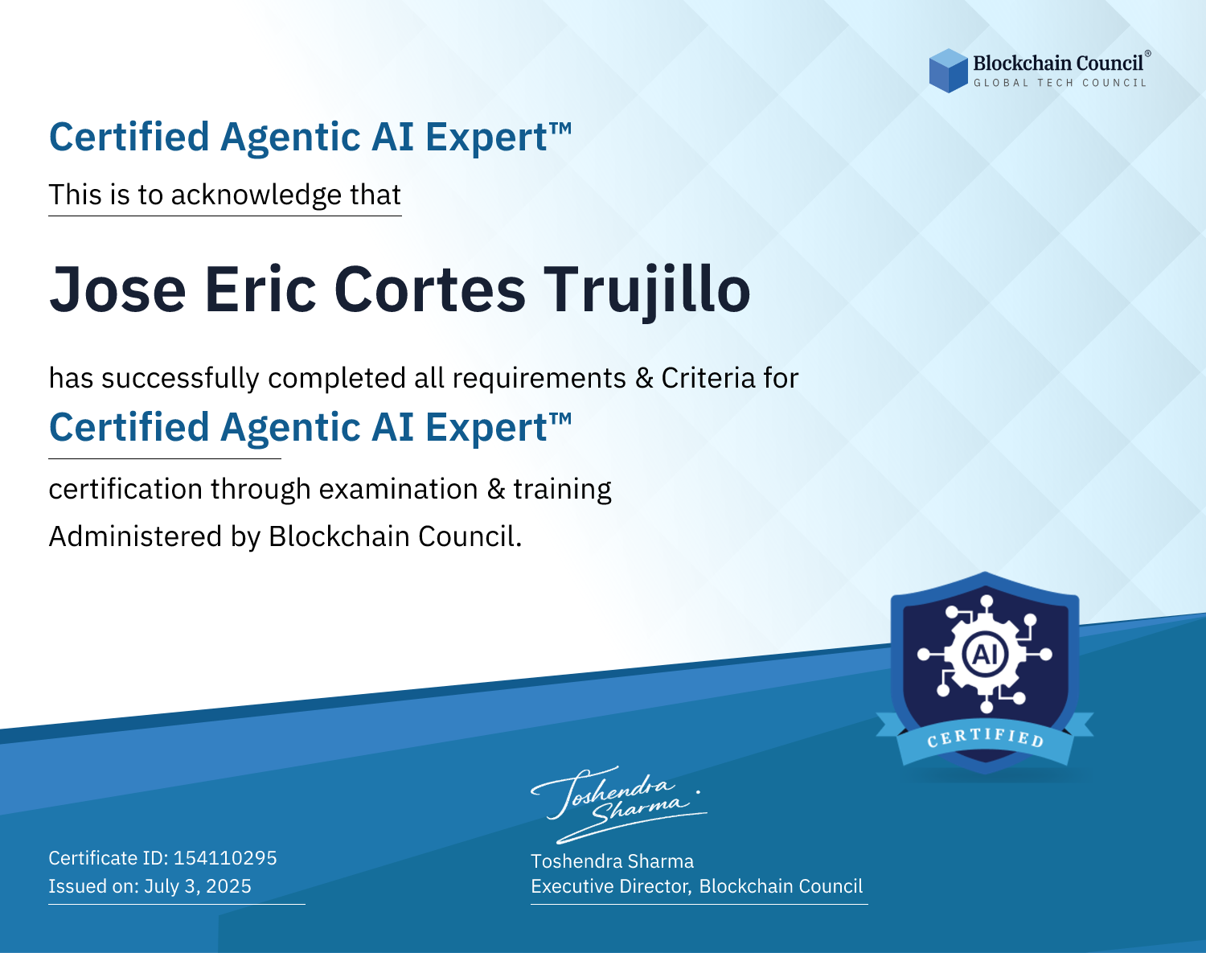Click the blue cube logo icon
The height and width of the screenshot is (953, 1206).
point(948,71)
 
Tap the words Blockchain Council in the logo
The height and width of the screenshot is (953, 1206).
point(1058,64)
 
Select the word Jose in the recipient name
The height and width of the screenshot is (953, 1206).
point(117,290)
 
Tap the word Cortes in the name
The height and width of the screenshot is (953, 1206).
point(430,290)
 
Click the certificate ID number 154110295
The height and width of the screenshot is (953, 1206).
point(225,858)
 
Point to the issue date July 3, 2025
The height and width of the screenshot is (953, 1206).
point(198,886)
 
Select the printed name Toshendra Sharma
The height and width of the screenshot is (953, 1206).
point(613,861)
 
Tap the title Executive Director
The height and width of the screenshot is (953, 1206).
point(609,886)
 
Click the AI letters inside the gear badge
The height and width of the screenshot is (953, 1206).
point(985,654)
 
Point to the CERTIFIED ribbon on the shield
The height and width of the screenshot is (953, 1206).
point(985,738)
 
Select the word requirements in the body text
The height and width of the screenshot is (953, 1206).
point(539,379)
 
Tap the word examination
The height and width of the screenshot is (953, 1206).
point(399,489)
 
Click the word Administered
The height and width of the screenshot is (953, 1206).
point(135,536)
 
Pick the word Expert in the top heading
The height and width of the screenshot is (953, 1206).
point(486,138)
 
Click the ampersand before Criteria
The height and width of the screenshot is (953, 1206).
point(644,379)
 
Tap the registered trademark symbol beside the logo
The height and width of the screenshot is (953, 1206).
point(1148,54)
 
